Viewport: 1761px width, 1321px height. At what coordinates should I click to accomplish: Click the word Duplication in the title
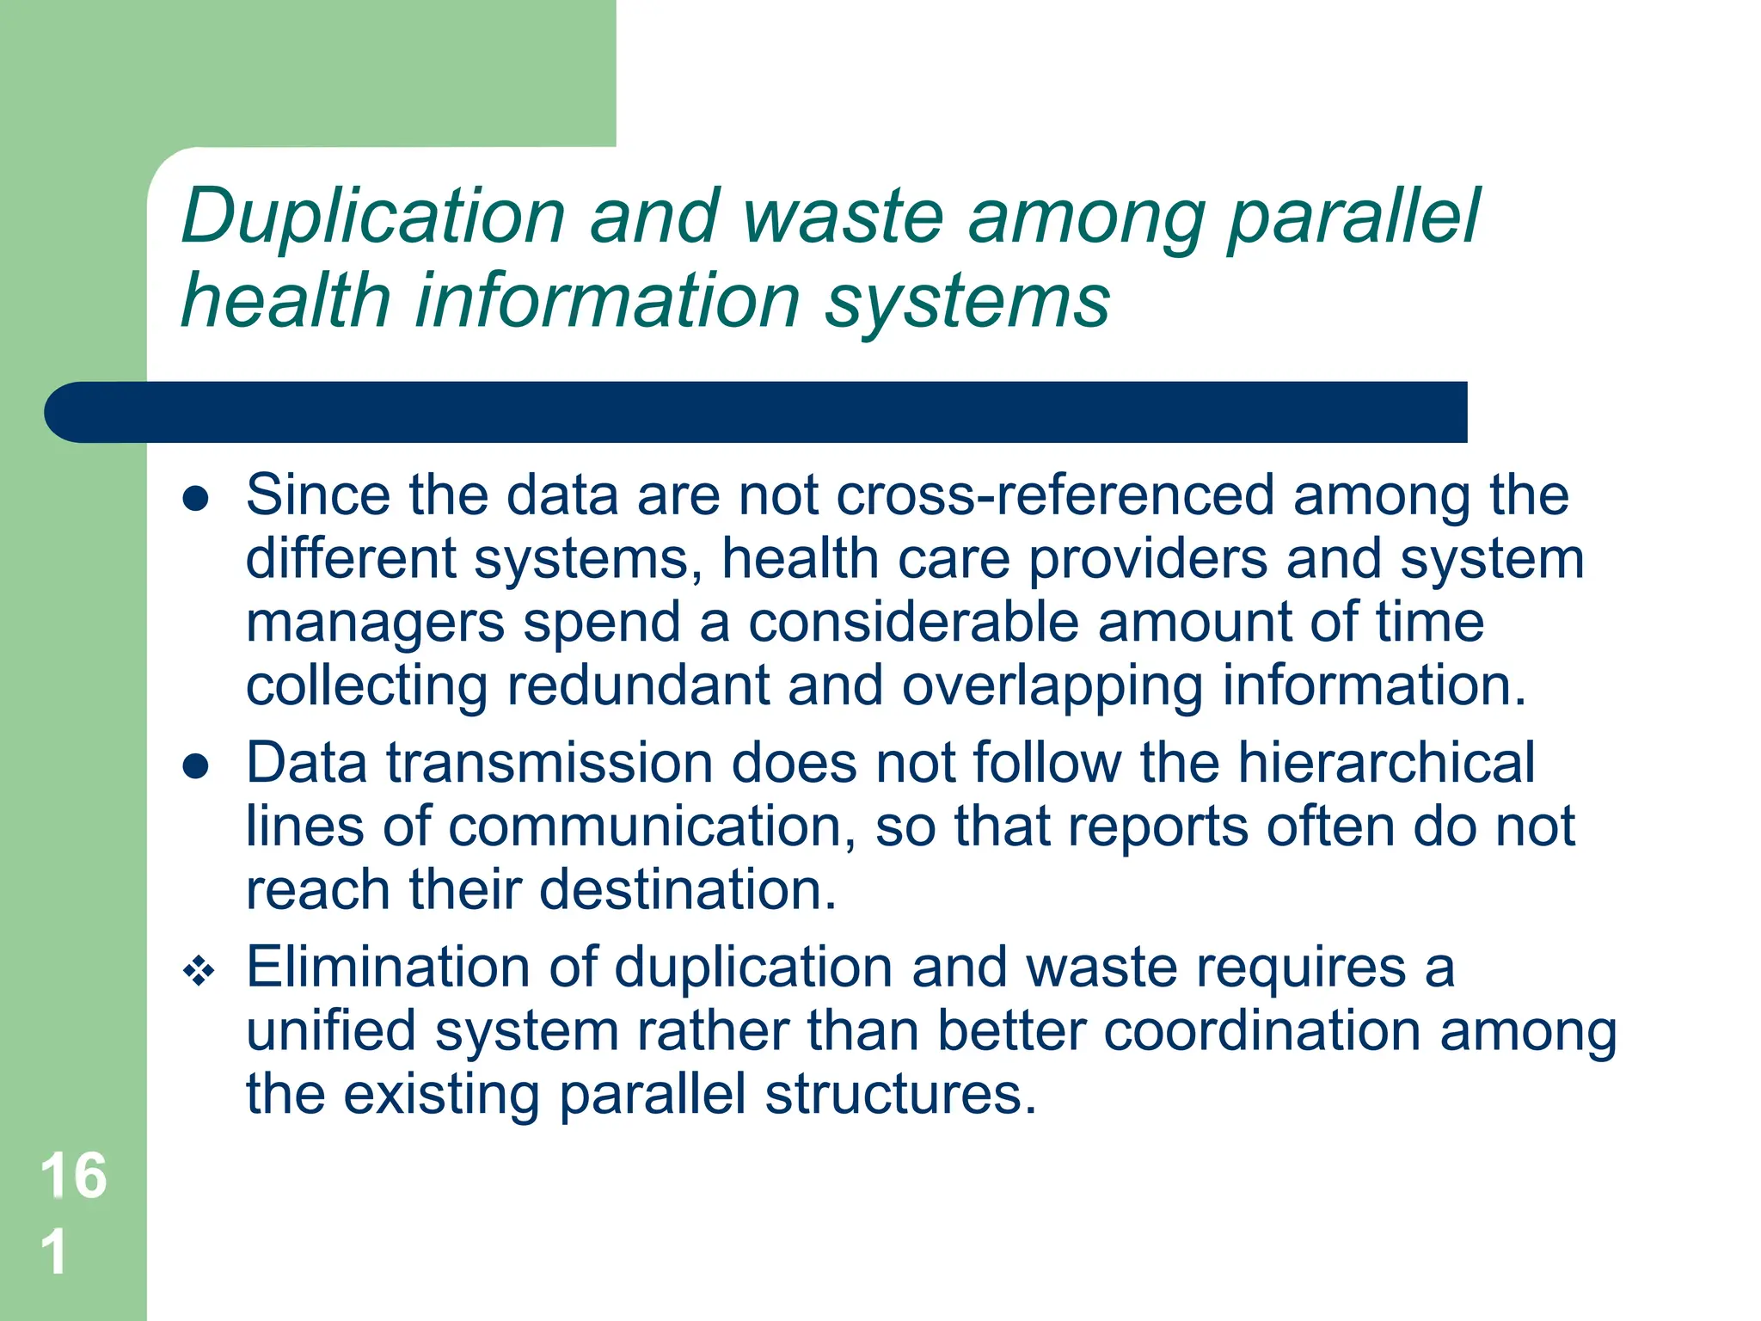click(x=373, y=217)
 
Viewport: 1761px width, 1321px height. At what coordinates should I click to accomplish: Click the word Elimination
click(x=388, y=968)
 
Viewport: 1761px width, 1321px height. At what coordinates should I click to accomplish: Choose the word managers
click(x=376, y=624)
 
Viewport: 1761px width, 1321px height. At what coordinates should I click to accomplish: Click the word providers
click(x=1147, y=560)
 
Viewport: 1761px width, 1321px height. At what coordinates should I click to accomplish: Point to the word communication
click(x=651, y=826)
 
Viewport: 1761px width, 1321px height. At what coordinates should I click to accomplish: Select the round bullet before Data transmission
click(x=196, y=765)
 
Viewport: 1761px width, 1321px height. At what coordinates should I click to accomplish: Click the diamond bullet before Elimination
click(x=199, y=972)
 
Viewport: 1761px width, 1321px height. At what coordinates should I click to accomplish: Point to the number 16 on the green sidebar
click(x=73, y=1175)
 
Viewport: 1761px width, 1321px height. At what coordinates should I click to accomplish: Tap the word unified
click(x=331, y=1031)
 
